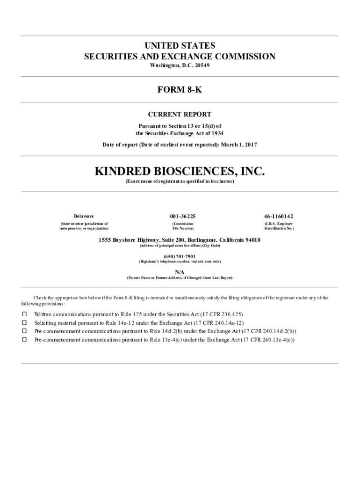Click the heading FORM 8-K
coord(180,89)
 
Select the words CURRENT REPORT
coord(180,115)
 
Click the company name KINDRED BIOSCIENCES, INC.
coord(180,171)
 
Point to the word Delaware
coord(84,216)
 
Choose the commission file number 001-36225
coord(182,216)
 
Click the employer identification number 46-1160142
coord(279,216)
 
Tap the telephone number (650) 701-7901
coord(180,256)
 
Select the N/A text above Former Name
coord(180,271)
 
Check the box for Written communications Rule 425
coord(24,314)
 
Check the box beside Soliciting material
coord(24,323)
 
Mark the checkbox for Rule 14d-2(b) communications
coord(24,331)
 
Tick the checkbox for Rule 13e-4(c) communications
coord(24,340)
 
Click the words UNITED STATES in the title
coord(180,46)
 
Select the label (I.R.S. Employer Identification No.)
coord(279,226)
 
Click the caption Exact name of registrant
coord(180,181)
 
